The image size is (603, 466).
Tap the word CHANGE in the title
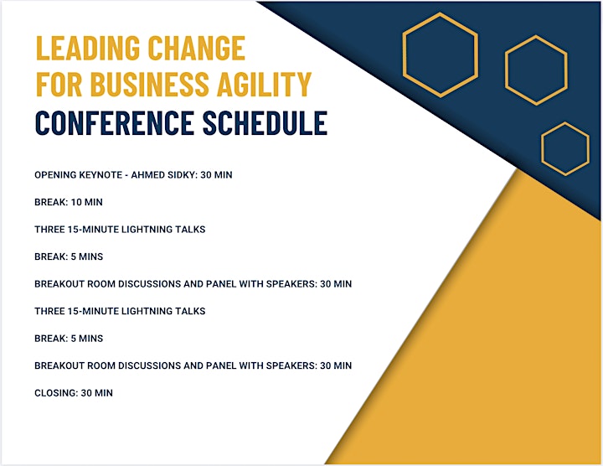click(197, 48)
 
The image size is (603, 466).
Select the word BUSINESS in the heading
click(150, 84)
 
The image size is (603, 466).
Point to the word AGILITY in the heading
click(264, 84)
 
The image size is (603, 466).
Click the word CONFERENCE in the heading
click(115, 122)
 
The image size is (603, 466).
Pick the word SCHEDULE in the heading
click(265, 122)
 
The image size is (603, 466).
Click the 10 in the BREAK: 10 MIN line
click(75, 202)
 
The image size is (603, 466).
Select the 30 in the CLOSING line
click(86, 393)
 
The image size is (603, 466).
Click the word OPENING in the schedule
click(55, 175)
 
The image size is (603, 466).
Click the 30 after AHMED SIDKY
click(206, 175)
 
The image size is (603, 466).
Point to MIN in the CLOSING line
click(104, 393)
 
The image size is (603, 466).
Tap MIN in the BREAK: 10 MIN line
click(93, 202)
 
